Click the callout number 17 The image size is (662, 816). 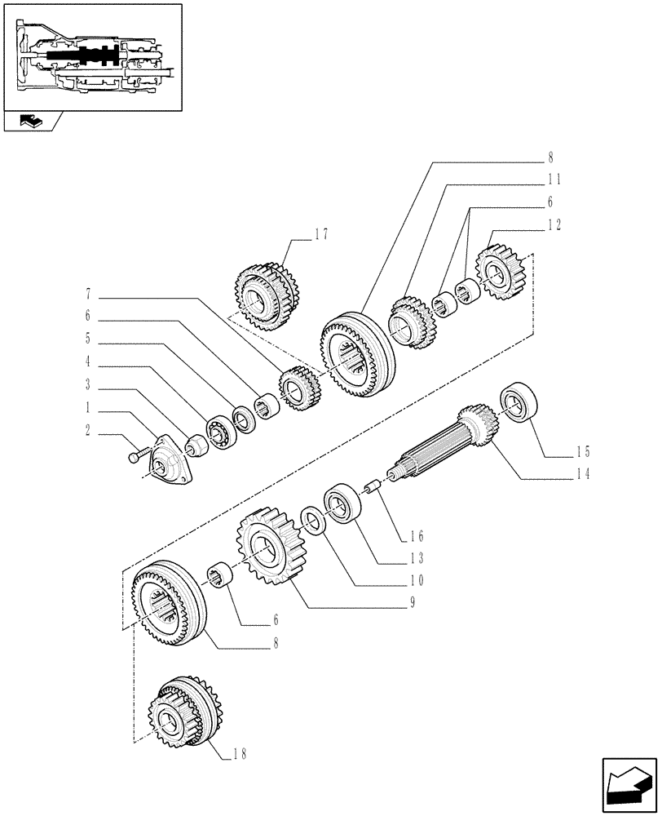(320, 234)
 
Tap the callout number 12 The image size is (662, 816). (554, 223)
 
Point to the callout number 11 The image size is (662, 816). (554, 179)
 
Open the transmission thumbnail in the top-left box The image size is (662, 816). (91, 56)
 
